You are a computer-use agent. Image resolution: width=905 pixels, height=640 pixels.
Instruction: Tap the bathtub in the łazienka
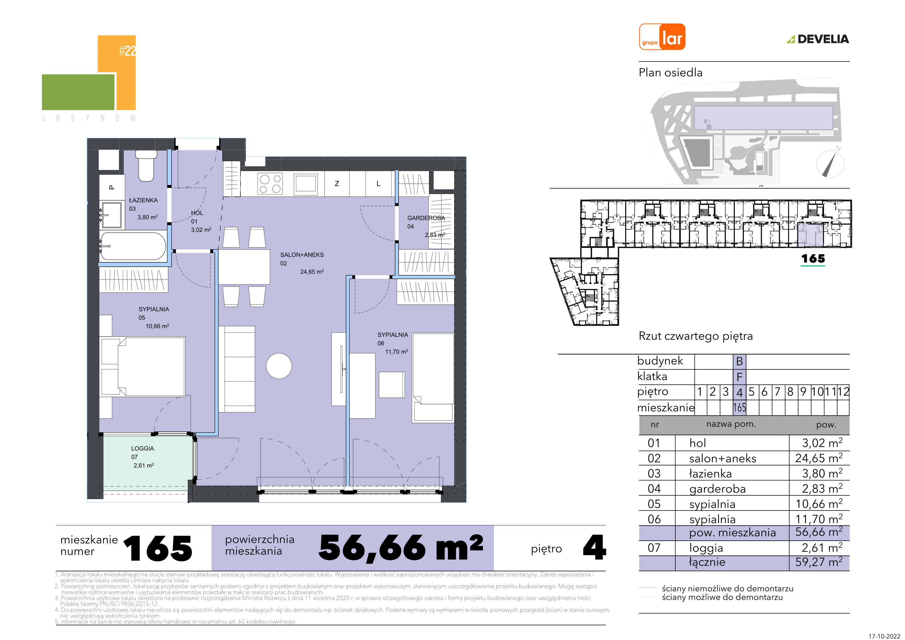[133, 246]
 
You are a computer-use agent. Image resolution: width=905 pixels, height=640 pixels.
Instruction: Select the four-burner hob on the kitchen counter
[270, 184]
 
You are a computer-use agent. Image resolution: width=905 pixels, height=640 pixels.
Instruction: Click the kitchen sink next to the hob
[306, 184]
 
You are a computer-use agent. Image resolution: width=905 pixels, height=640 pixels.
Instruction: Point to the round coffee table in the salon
[279, 366]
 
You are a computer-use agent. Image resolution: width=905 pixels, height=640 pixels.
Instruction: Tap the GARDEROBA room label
[426, 218]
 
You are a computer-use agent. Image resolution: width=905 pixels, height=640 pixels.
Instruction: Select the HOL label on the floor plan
[197, 213]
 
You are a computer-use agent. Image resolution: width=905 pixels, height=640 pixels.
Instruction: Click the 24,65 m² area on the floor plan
[312, 272]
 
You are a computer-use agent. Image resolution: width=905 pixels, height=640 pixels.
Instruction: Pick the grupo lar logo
[662, 37]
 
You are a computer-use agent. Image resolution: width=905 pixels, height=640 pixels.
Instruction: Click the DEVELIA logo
[818, 39]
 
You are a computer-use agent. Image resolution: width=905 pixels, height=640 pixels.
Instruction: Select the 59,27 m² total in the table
[819, 562]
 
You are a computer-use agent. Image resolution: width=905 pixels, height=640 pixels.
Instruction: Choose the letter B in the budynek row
[739, 361]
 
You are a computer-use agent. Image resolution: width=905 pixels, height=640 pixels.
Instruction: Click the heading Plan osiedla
[671, 73]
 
